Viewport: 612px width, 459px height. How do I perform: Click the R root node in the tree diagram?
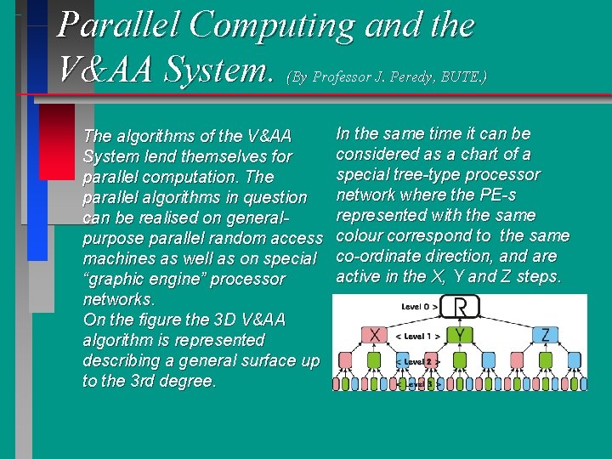460,306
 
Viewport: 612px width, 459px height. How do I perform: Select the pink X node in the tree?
375,335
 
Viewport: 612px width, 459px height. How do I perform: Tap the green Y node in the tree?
460,335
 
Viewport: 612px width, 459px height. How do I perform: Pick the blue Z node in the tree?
545,335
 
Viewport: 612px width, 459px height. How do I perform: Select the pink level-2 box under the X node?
346,360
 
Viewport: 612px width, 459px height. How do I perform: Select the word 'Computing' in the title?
272,25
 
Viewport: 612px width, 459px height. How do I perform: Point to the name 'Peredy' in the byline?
412,76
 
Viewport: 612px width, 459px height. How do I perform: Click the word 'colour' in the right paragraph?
361,235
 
